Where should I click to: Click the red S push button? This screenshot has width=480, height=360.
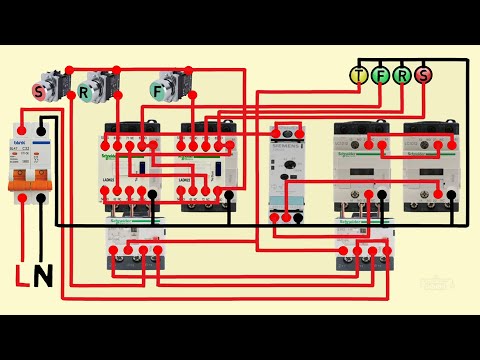[x=40, y=90]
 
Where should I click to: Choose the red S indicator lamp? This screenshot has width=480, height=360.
[x=423, y=74]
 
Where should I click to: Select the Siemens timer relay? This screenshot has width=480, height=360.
[x=287, y=170]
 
